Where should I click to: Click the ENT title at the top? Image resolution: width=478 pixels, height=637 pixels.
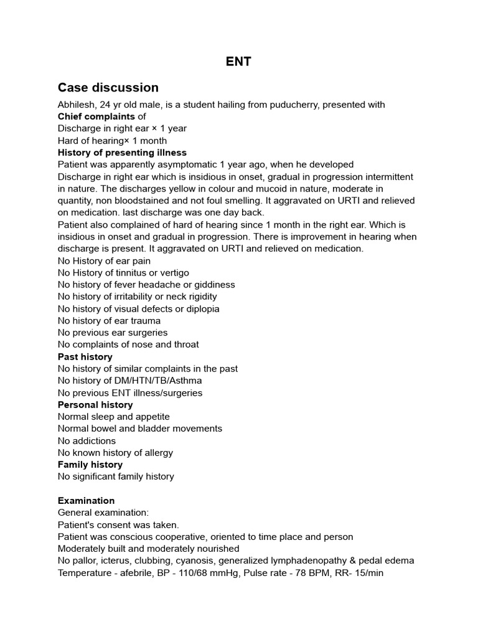tap(238, 62)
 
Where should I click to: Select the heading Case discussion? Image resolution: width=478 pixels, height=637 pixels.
tap(108, 88)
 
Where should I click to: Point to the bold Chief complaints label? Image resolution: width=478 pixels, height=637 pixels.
tap(96, 116)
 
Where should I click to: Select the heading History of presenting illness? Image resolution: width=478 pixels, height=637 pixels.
tap(122, 152)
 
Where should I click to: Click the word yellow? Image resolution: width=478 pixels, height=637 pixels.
tap(168, 188)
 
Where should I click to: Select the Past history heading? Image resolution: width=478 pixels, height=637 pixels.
tap(85, 356)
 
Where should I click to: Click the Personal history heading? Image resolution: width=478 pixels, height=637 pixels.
tap(95, 404)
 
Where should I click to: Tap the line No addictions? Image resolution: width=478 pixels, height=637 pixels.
tap(87, 440)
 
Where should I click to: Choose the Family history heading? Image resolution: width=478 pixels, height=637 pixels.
tap(90, 465)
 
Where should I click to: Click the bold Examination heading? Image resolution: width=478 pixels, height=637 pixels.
tap(86, 501)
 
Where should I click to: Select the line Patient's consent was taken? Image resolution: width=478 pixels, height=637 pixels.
tap(118, 524)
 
